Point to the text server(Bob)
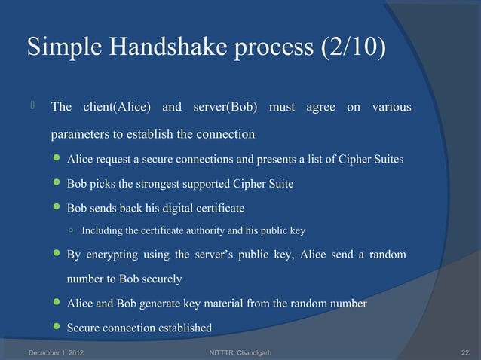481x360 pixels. [x=225, y=107]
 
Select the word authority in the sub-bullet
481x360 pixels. [x=200, y=230]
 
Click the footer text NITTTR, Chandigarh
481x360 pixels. [x=239, y=352]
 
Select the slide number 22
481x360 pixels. [x=464, y=352]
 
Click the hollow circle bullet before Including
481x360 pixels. [x=69, y=230]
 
